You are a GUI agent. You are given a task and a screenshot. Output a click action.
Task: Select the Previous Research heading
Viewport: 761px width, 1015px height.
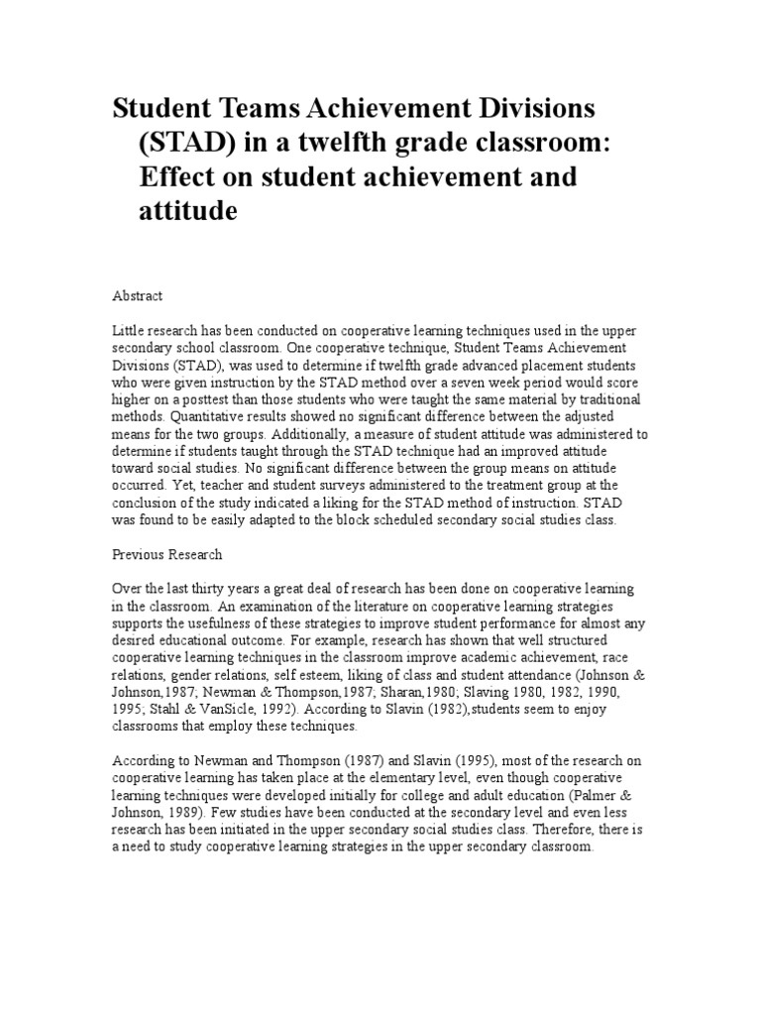pyautogui.click(x=166, y=554)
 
